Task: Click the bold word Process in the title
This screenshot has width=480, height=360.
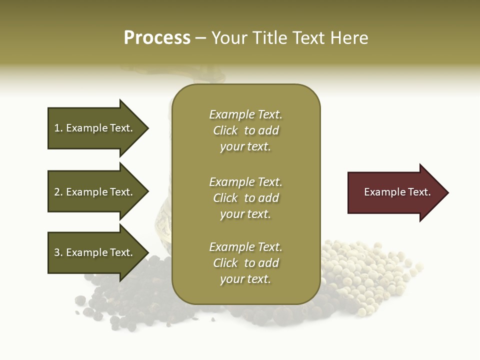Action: coord(157,38)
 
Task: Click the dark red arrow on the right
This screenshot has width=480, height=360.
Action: coord(395,192)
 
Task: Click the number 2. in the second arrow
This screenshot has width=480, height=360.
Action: coord(58,192)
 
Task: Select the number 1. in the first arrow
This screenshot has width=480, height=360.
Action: coord(58,128)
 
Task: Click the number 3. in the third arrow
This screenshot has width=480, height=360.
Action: coord(58,253)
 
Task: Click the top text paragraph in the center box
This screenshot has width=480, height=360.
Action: coord(245,130)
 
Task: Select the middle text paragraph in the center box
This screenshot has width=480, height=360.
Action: coord(245,198)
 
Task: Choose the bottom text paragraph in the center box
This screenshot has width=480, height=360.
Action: coord(245,263)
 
